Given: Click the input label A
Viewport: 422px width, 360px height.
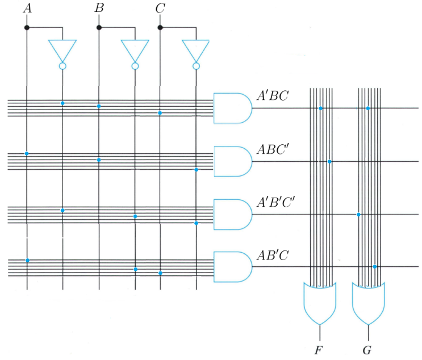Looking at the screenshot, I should click(x=27, y=9).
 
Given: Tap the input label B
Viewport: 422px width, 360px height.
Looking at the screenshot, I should click(x=99, y=9).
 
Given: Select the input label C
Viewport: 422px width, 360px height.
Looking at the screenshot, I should click(x=160, y=9).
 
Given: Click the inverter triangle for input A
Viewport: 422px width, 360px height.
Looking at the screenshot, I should click(x=62, y=50).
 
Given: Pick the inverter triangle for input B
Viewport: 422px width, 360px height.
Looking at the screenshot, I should click(x=135, y=50).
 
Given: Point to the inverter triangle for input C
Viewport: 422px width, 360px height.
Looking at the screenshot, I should click(x=196, y=50).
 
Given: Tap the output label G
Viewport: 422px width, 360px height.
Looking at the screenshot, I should click(x=368, y=348).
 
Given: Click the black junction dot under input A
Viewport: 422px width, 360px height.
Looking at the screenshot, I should click(x=27, y=27).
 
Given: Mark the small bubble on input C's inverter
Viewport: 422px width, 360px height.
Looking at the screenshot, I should click(x=196, y=66).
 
